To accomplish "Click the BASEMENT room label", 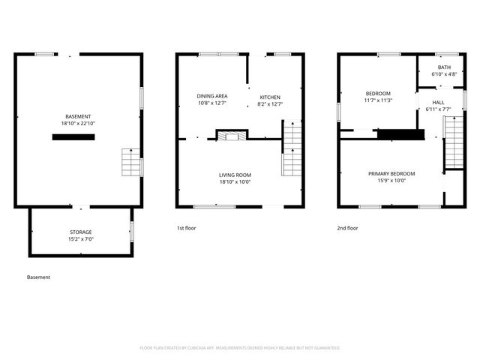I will coord(78,116).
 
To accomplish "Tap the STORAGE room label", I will coord(81,232).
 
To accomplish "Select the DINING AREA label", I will coord(212,96).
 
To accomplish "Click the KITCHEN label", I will coord(270,97).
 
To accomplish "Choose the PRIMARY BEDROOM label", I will coord(391,173).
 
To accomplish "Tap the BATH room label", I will coord(445,67).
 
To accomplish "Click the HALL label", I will coord(438,102).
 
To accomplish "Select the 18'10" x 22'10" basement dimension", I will coord(78,123).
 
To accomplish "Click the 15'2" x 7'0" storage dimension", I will coord(81,239).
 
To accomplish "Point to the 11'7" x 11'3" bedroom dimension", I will coord(378,100).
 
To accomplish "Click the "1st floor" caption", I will coord(186,228).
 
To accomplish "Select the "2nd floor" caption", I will coord(348,228).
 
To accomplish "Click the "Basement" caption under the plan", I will coord(38,277).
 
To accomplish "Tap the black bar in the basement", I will coord(73,137).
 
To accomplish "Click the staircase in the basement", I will coord(132,162).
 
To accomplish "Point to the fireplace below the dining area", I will coord(231,135).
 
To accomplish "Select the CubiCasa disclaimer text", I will coord(240,348).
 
